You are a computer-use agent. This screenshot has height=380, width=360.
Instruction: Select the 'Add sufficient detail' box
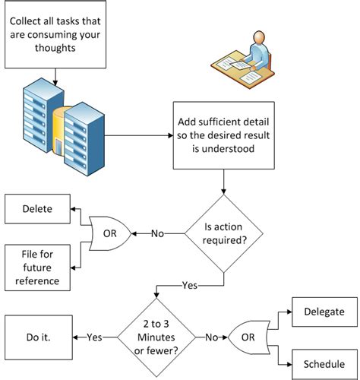222,135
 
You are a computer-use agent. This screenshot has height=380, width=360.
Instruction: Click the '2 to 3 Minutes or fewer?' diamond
155,337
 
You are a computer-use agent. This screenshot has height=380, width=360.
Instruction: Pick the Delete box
36,208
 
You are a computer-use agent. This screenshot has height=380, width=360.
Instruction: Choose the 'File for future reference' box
36,266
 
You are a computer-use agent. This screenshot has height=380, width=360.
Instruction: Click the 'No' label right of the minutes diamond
212,337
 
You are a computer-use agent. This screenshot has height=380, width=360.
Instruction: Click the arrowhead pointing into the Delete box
73,208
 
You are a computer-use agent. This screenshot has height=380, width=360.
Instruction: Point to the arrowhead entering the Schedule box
291,363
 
